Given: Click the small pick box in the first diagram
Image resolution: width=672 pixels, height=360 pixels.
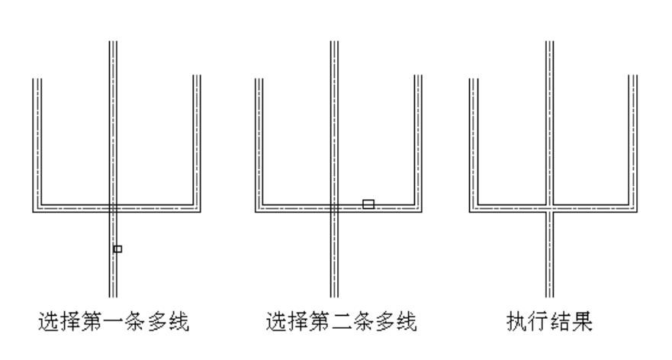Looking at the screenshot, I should [x=117, y=249].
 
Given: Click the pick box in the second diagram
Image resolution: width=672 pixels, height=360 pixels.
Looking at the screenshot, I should [x=368, y=204].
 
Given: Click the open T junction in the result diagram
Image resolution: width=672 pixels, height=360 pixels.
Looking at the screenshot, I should [x=549, y=207].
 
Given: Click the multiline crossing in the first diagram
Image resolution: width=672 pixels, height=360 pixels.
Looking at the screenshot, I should [x=111, y=207].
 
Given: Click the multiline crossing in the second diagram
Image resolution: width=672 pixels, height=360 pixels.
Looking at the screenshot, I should [x=333, y=207].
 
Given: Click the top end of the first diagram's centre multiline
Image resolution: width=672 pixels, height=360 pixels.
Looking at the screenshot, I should [x=111, y=43].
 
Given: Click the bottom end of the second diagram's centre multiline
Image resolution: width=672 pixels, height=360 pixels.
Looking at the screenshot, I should [x=333, y=295].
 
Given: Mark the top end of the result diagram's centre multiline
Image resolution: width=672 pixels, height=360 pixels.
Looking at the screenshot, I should [x=549, y=43].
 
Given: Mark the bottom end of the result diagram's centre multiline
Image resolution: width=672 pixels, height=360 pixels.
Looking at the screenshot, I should [x=549, y=295].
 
